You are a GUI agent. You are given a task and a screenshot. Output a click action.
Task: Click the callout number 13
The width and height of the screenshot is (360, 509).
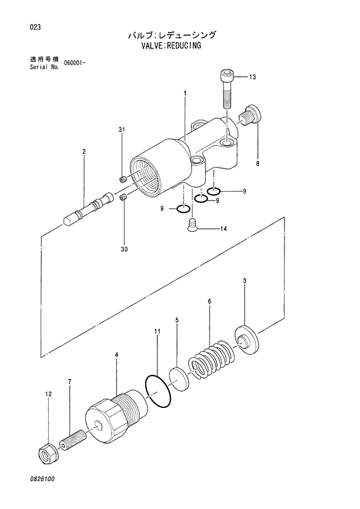point(253,77)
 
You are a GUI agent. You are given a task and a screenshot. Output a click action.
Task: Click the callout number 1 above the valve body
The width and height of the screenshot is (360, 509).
point(185,93)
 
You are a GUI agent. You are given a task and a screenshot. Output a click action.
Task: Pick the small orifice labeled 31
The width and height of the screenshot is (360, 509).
point(123,179)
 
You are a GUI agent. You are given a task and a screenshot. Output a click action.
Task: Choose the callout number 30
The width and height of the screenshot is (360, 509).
point(124,250)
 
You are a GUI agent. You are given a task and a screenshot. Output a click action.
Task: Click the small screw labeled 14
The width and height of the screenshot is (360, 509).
point(192,225)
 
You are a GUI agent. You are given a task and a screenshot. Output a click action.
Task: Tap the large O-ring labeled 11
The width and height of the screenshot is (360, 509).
point(157,391)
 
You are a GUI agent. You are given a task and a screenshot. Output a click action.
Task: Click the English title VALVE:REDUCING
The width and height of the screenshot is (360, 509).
point(172,45)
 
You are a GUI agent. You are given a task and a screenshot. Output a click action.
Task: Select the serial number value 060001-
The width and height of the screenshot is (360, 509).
point(75,63)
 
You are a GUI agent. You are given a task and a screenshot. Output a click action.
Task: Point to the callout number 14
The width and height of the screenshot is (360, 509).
point(223,229)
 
